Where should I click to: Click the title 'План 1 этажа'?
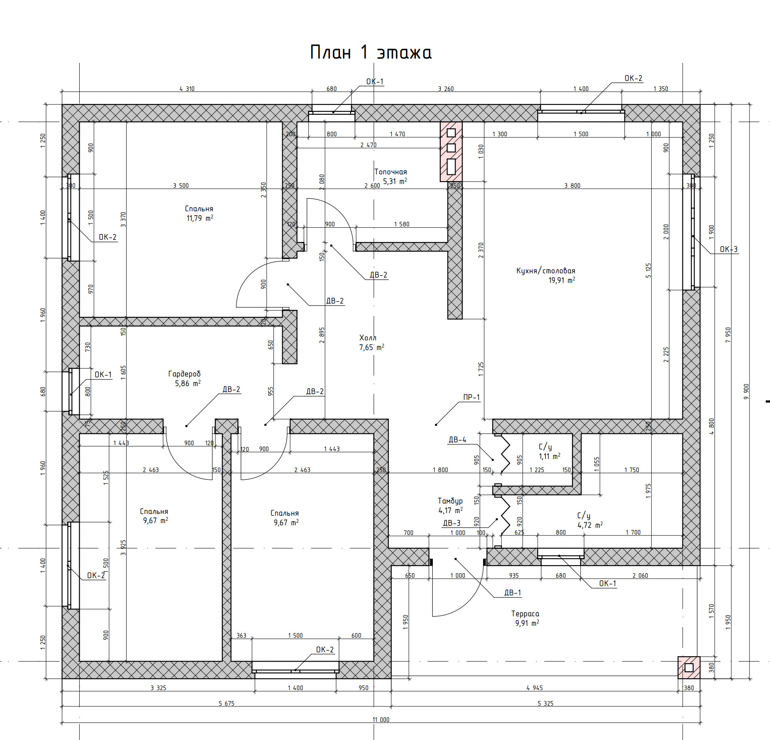(371, 52)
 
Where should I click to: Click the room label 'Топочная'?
(390, 172)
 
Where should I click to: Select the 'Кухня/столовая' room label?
(546, 271)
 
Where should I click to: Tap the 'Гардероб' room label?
(185, 374)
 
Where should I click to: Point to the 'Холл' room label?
(368, 338)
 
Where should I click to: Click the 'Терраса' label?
(525, 614)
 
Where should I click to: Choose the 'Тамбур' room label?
(450, 501)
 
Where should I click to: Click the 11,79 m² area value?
(200, 218)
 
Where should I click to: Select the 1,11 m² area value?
(549, 456)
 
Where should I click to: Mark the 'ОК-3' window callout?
(728, 249)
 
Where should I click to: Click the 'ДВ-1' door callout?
(512, 592)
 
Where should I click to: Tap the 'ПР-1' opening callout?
(471, 397)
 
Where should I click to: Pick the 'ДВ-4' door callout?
(457, 440)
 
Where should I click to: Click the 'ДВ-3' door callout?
(452, 523)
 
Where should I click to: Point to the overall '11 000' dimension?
(381, 719)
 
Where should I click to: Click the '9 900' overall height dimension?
(746, 392)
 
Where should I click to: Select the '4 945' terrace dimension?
(534, 688)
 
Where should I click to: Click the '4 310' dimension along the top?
(187, 89)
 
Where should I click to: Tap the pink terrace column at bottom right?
(689, 667)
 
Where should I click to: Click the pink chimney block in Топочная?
(451, 152)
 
